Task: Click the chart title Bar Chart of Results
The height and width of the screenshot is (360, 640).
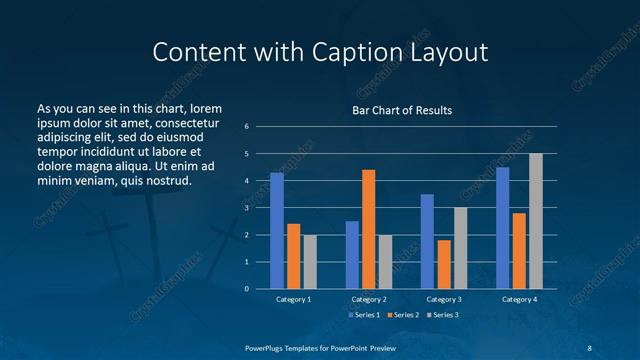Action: [x=402, y=110]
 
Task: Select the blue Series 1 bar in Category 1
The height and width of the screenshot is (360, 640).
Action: [x=277, y=230]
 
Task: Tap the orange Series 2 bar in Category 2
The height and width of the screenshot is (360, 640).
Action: [x=368, y=229]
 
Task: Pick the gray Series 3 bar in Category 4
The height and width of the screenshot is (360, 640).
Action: [x=536, y=221]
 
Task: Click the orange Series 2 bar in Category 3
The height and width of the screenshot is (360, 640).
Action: [x=444, y=264]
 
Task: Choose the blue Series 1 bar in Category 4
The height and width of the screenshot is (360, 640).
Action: [x=502, y=228]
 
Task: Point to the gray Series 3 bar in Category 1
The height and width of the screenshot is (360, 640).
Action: [x=310, y=261]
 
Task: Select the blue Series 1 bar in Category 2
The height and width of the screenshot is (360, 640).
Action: [x=352, y=255]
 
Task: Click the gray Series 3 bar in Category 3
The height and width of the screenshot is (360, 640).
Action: [x=460, y=248]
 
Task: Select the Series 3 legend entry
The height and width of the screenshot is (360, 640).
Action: [x=442, y=315]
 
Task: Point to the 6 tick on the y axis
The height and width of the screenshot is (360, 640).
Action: [x=246, y=127]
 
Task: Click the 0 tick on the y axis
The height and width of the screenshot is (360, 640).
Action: [x=246, y=289]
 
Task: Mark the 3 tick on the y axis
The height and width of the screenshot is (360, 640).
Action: [x=246, y=208]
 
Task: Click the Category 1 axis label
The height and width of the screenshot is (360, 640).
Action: [x=293, y=299]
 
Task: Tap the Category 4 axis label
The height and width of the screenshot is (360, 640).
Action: [x=519, y=299]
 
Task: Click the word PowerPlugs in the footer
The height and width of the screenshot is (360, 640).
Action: [x=267, y=346]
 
